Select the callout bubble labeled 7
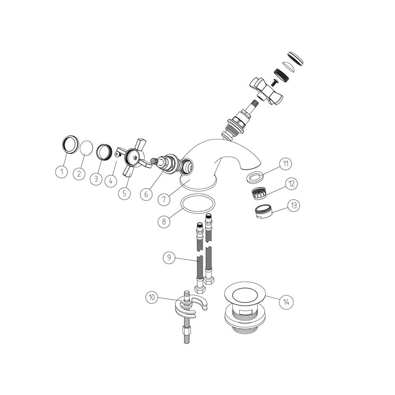164,199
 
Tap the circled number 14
286,302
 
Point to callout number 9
169,257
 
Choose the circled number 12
291,184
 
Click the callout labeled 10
152,297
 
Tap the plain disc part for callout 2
86,149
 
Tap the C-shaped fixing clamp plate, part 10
190,307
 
